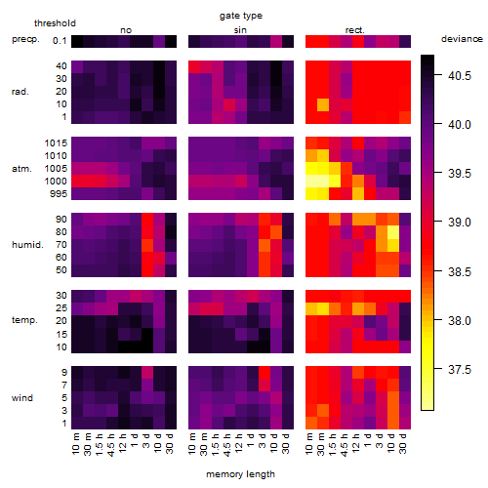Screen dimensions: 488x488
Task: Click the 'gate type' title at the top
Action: click(x=241, y=16)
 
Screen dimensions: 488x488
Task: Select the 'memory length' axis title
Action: click(x=240, y=474)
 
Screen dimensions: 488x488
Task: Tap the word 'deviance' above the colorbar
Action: click(x=462, y=39)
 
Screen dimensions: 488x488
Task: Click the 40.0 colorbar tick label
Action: click(x=460, y=125)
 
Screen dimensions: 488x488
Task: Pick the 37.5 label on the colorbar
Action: click(x=460, y=370)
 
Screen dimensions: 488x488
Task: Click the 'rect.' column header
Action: click(x=355, y=30)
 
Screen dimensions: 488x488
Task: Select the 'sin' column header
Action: click(x=240, y=30)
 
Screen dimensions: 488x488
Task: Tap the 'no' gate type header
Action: click(x=126, y=30)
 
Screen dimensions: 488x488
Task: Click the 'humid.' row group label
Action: click(x=27, y=245)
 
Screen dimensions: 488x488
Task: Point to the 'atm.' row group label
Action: click(x=21, y=169)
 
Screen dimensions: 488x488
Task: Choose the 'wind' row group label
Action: click(x=22, y=398)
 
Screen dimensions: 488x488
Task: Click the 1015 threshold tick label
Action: click(x=56, y=143)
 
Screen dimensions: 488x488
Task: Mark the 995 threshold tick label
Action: click(x=59, y=194)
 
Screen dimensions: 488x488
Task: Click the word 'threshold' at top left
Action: click(x=55, y=23)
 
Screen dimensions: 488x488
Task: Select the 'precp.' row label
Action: click(x=25, y=39)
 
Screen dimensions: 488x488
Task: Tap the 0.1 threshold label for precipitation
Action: click(x=60, y=41)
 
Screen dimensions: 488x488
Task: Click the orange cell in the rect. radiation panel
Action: click(x=323, y=104)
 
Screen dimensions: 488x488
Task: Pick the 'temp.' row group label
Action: click(x=24, y=320)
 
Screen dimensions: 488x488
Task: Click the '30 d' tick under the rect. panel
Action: click(x=403, y=443)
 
